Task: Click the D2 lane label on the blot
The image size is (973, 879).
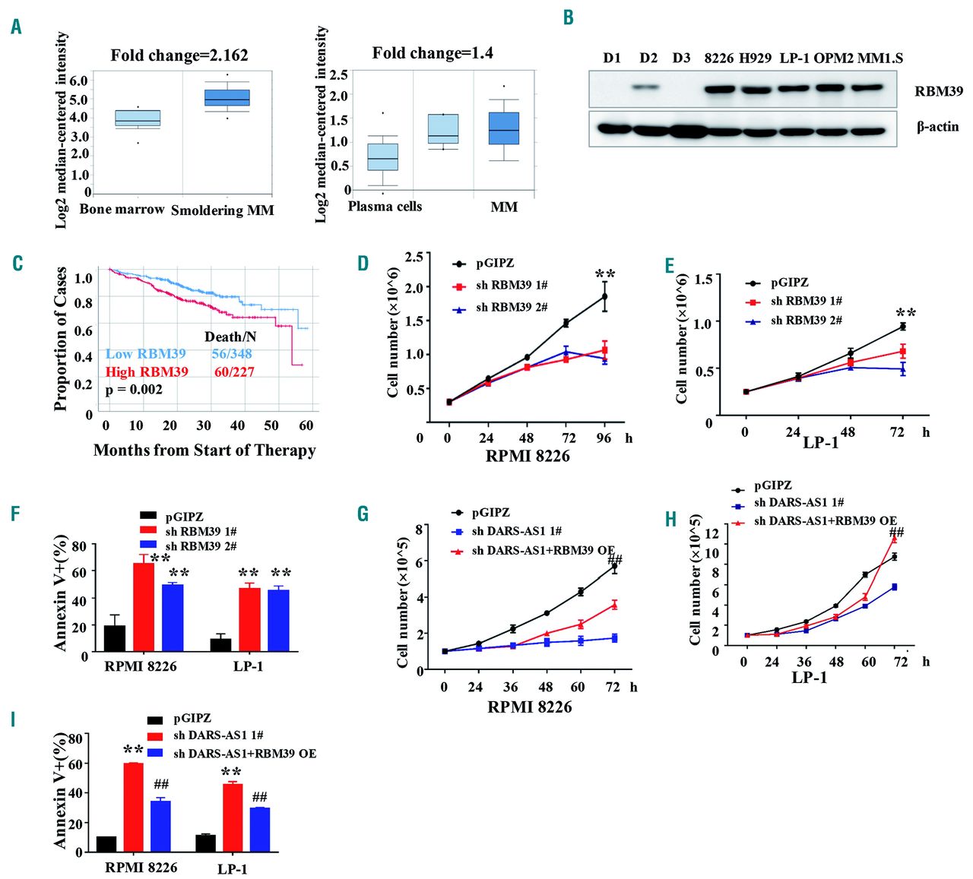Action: (x=648, y=58)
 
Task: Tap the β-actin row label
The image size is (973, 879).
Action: (x=937, y=127)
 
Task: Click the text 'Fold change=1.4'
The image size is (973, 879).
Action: (x=432, y=53)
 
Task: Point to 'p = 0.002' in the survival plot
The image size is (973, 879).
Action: (x=134, y=390)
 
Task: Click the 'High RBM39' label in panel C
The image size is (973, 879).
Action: (x=147, y=372)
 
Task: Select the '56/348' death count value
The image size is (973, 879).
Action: (x=232, y=354)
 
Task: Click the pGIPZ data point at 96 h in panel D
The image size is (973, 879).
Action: (x=605, y=296)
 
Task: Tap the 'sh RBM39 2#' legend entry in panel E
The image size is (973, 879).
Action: (x=806, y=321)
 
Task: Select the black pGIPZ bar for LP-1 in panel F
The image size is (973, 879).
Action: (x=221, y=645)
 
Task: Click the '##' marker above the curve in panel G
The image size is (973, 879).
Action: (x=615, y=560)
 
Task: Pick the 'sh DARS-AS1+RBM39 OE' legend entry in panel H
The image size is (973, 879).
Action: (x=825, y=521)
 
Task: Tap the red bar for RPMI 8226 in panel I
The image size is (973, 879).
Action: (x=134, y=807)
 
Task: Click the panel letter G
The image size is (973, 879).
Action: (x=363, y=514)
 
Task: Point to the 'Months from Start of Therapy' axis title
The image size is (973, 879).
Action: (x=204, y=451)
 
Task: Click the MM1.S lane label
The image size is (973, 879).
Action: (x=880, y=58)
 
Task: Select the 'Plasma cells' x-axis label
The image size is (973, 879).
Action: (x=385, y=207)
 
